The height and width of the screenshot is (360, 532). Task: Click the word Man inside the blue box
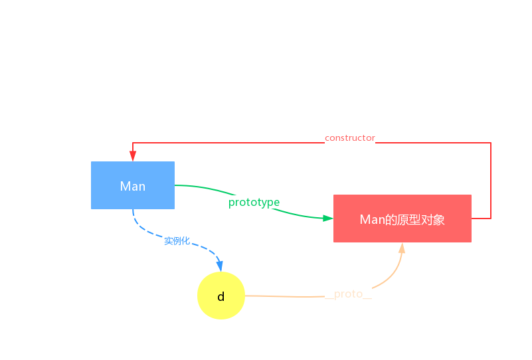(x=133, y=186)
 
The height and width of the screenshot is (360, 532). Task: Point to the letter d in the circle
(x=221, y=296)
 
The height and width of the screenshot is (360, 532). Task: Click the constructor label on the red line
(x=349, y=138)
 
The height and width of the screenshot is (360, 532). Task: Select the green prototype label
(x=254, y=202)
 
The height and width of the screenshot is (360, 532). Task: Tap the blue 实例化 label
(x=177, y=240)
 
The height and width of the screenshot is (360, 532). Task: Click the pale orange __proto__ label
(x=348, y=294)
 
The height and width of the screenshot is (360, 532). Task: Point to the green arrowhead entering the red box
(x=328, y=218)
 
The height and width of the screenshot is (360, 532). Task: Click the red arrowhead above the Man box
(x=133, y=157)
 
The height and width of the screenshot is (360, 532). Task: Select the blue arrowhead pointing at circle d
(x=219, y=266)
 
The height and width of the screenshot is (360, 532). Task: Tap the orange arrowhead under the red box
(x=402, y=248)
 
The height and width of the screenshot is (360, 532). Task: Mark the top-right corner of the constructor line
(x=491, y=143)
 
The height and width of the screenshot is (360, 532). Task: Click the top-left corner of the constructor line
(x=133, y=143)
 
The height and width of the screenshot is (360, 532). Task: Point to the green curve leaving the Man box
(x=193, y=186)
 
